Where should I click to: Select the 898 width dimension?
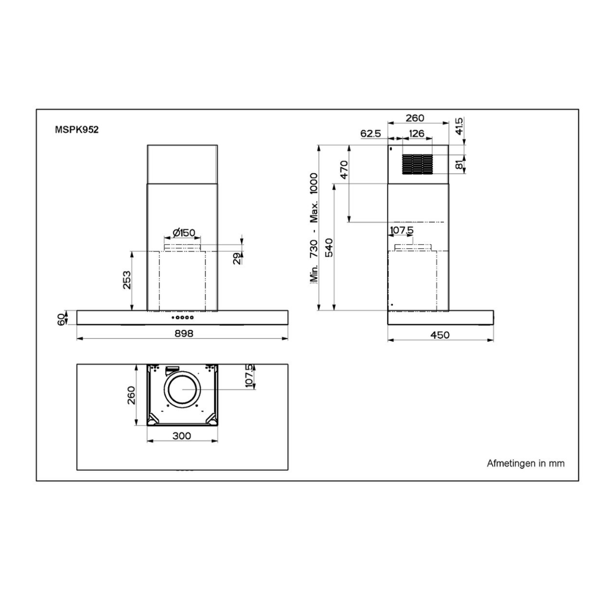pyautogui.click(x=182, y=333)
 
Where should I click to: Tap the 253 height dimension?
pyautogui.click(x=126, y=280)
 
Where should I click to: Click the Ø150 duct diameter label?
pyautogui.click(x=183, y=232)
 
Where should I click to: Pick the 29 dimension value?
pyautogui.click(x=237, y=258)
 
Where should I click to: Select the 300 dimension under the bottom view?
pyautogui.click(x=182, y=436)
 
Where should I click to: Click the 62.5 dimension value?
pyautogui.click(x=370, y=133)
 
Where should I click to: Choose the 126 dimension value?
pyautogui.click(x=417, y=133)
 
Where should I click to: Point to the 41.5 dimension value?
pyautogui.click(x=460, y=126)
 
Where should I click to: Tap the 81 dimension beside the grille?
pyautogui.click(x=460, y=165)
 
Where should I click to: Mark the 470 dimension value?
pyautogui.click(x=344, y=169)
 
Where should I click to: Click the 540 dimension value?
pyautogui.click(x=329, y=247)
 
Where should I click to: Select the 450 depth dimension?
pyautogui.click(x=440, y=335)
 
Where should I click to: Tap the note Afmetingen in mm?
pyautogui.click(x=525, y=463)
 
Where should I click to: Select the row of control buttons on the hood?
pyautogui.click(x=182, y=317)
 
